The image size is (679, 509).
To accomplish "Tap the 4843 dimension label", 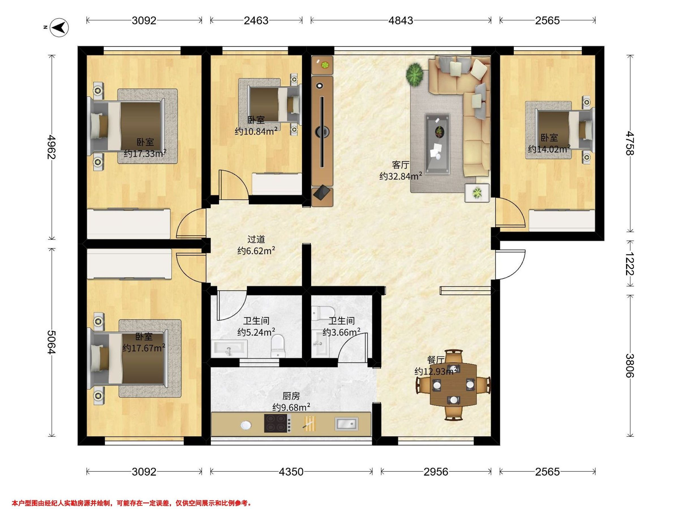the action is click(401, 21).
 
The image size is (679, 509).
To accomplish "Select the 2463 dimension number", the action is click(256, 21).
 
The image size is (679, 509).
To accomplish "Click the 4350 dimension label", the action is click(291, 472).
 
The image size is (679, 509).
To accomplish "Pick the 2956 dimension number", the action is click(436, 472).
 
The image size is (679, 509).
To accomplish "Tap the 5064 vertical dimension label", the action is click(51, 342).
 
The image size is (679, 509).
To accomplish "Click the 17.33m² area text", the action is click(145, 153).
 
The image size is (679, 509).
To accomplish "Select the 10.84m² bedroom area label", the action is click(256, 131).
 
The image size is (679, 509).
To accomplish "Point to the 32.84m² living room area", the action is click(401, 176).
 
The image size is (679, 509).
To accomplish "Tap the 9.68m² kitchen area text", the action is click(291, 407).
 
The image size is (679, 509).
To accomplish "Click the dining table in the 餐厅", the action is click(454, 384).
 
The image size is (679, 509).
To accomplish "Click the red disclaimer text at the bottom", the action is click(132, 495).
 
